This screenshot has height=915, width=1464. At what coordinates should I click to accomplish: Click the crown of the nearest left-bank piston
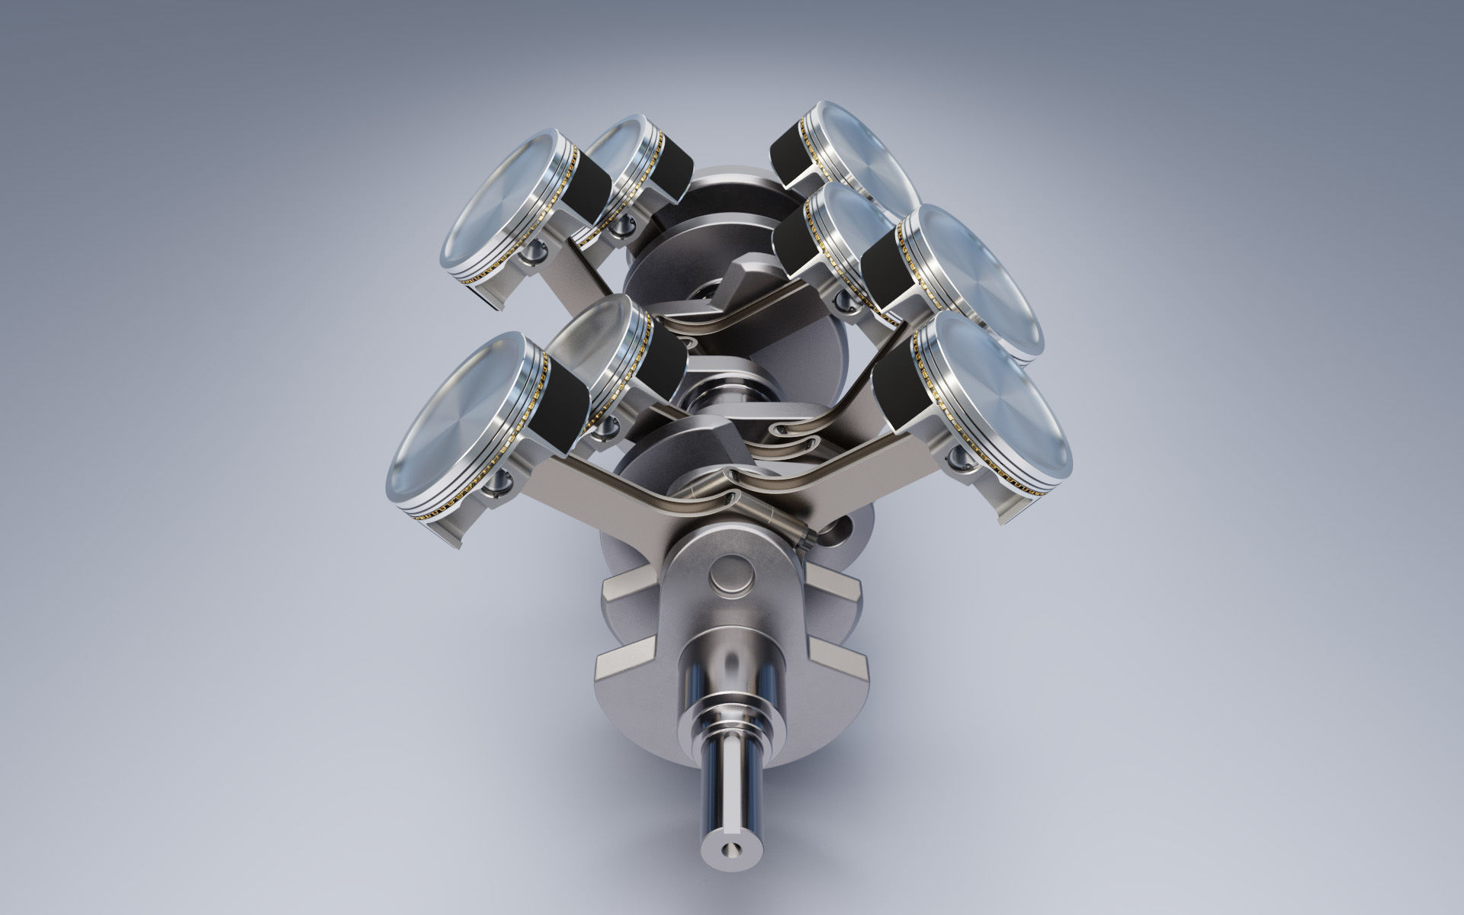click(457, 427)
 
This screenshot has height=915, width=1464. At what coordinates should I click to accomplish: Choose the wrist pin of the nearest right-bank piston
click(958, 457)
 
